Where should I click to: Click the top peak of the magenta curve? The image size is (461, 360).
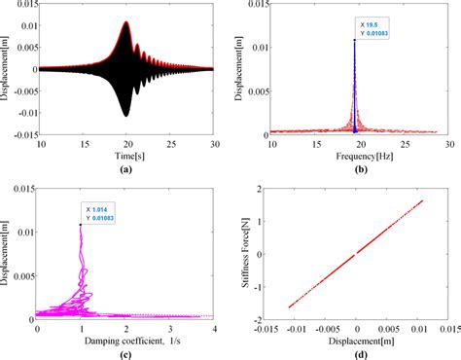click(x=79, y=225)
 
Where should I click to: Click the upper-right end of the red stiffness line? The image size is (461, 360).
click(x=422, y=201)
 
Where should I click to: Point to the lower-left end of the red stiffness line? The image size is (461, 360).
click(x=290, y=306)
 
